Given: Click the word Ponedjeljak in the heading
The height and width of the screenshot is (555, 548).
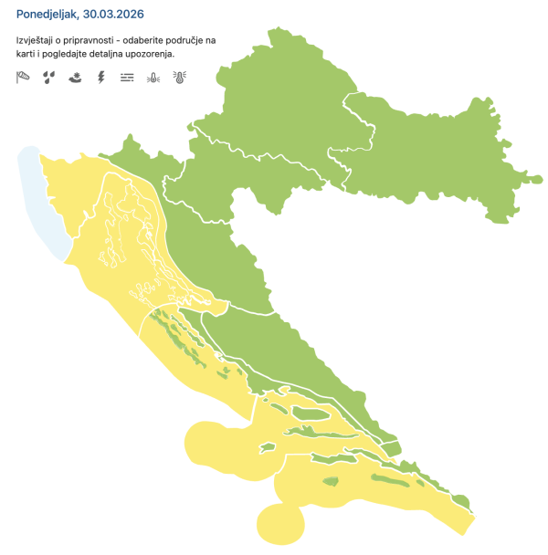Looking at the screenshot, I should [x=46, y=15].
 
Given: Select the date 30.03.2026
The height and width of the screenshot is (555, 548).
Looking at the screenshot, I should [x=113, y=15].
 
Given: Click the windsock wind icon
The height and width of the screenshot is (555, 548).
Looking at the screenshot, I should [x=23, y=78].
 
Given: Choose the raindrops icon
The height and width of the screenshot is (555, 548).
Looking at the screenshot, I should [x=48, y=78].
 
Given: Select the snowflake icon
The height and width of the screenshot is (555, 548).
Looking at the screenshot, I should [x=74, y=78].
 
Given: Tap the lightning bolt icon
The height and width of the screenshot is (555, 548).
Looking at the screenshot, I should [x=100, y=78].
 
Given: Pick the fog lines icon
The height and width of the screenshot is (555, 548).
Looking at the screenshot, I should [x=126, y=78].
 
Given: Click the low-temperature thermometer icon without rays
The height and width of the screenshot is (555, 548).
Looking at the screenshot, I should [x=153, y=78].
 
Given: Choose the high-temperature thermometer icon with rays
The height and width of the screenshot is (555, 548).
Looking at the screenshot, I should [x=179, y=78].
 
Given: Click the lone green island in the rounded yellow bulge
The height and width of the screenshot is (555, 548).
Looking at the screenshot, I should [x=268, y=447].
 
